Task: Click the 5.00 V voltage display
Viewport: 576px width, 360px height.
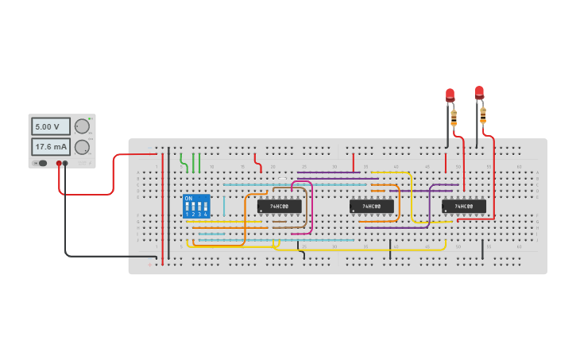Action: pos(51,126)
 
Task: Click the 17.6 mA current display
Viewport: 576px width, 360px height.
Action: pos(51,147)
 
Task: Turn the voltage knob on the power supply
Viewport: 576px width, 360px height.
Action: pos(82,126)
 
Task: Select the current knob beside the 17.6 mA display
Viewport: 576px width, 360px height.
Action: pos(82,147)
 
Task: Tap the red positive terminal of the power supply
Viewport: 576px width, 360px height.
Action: pos(59,163)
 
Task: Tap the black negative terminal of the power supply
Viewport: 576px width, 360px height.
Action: pos(65,163)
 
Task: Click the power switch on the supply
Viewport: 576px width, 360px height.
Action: pos(41,163)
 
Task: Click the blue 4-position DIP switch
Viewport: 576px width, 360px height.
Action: pos(196,206)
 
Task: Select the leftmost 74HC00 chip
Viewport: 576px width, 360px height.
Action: pos(279,206)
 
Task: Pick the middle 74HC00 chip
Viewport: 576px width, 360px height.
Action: pos(371,206)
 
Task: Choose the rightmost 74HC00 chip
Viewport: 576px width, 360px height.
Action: pos(463,206)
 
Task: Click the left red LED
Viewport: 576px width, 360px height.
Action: pos(450,95)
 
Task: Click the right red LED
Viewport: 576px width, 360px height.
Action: pos(479,92)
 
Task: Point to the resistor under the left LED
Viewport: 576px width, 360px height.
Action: pos(454,118)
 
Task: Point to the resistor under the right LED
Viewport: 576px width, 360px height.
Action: pos(482,115)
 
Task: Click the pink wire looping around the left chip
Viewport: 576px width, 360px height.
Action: pos(311,207)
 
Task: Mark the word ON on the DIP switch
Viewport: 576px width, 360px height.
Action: pos(188,199)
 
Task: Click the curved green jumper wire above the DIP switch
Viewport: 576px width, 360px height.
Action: pos(184,163)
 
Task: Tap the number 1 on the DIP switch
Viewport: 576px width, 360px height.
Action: pos(187,215)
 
